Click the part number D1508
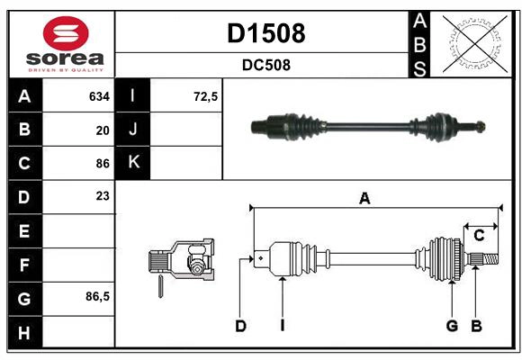(265, 33)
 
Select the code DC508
(265, 65)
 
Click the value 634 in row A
(99, 96)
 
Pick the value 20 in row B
(103, 130)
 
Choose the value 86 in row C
(103, 163)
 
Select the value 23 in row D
(103, 195)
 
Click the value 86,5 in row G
(97, 296)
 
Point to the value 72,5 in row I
(206, 96)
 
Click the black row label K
(133, 163)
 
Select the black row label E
(23, 231)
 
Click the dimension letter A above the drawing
(364, 199)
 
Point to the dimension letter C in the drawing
(480, 236)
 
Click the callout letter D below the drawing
(240, 326)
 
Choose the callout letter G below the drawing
(452, 326)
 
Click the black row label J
(133, 130)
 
